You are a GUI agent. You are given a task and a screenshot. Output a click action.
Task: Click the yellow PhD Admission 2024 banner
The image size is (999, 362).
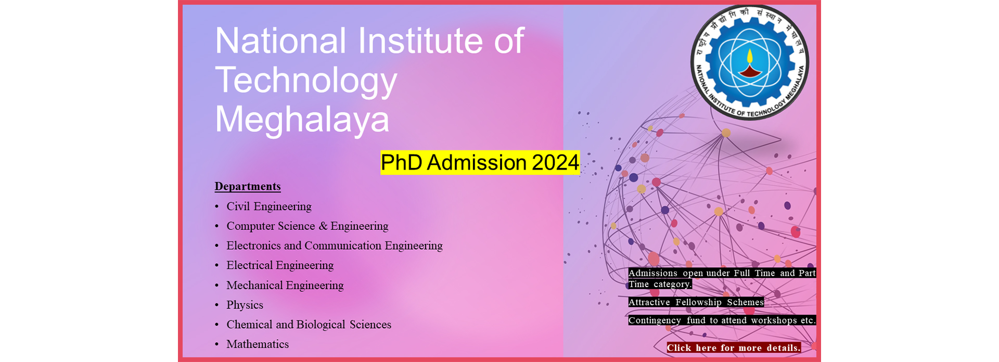click(x=480, y=162)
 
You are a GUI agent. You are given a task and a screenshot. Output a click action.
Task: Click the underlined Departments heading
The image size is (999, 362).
click(x=248, y=186)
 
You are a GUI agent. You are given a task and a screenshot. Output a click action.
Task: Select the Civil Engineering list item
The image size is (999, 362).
click(x=269, y=206)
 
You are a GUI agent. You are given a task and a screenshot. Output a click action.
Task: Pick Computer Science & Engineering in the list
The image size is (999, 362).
click(x=308, y=226)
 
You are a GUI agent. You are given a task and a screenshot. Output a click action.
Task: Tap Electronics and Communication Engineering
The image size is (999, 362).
click(x=335, y=245)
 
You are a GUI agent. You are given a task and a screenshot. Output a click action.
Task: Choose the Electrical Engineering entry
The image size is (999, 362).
click(x=280, y=265)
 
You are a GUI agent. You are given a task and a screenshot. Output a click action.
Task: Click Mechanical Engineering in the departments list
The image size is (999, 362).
click(x=285, y=285)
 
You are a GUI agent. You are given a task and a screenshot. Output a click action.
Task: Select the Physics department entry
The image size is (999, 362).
click(x=245, y=305)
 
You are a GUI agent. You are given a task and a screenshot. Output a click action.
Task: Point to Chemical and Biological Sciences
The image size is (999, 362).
click(x=309, y=325)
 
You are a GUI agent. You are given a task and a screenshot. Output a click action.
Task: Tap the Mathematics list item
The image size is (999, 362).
click(x=258, y=344)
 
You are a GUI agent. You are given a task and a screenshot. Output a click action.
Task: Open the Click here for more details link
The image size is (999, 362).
click(x=734, y=348)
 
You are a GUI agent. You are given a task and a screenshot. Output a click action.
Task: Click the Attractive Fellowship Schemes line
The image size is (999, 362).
click(x=696, y=302)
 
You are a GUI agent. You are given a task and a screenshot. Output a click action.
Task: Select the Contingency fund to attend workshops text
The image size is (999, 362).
click(x=722, y=320)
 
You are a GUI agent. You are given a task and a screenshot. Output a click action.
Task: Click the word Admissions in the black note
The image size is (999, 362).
click(x=653, y=273)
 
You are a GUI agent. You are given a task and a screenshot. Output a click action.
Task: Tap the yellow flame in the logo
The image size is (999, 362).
click(x=750, y=56)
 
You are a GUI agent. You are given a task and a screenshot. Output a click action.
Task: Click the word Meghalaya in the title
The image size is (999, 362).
click(x=302, y=119)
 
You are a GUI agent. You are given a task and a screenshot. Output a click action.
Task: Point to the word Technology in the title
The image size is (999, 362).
click(x=306, y=80)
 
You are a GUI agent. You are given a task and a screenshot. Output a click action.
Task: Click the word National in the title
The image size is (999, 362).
click(x=280, y=41)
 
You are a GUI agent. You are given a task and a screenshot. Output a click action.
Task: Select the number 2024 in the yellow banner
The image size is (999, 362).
click(x=555, y=162)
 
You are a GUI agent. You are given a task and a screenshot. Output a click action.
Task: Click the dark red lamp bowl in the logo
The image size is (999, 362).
click(x=750, y=71)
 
